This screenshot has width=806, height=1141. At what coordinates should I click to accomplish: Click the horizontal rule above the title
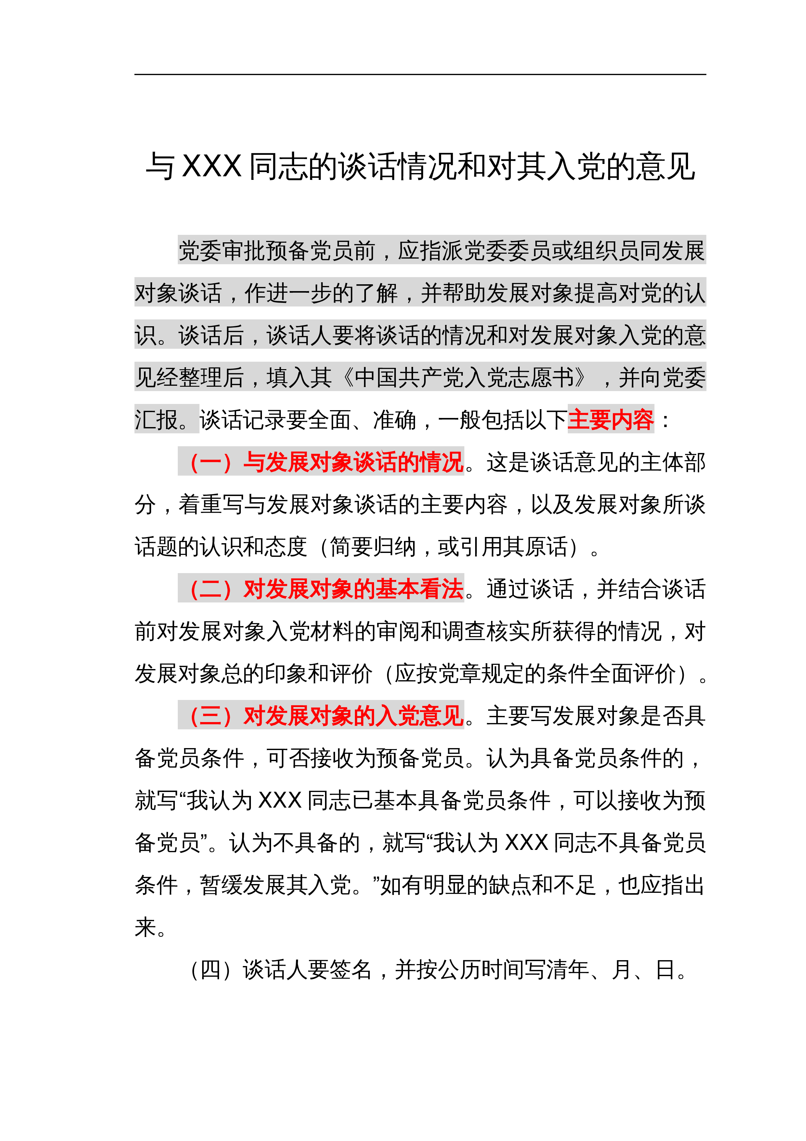pyautogui.click(x=420, y=74)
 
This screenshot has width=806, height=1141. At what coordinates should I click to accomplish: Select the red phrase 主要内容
pyautogui.click(x=610, y=420)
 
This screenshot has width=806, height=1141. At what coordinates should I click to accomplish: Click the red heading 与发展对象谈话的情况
pyautogui.click(x=353, y=462)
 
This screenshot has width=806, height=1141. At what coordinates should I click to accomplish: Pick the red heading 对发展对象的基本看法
pyautogui.click(x=353, y=589)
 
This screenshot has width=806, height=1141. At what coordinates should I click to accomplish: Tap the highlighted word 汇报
pyautogui.click(x=156, y=420)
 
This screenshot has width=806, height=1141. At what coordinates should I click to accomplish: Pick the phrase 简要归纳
pyautogui.click(x=372, y=547)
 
